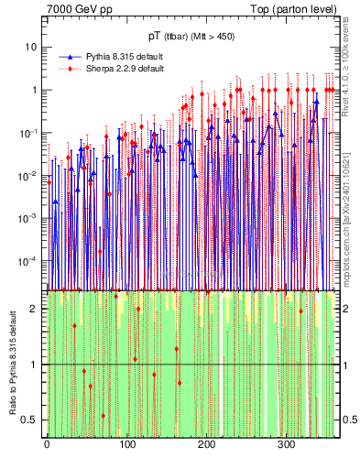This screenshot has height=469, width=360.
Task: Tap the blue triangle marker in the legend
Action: point(71,56)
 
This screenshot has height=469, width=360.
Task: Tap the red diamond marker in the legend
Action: point(71,68)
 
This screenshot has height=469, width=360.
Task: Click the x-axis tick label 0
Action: point(47,444)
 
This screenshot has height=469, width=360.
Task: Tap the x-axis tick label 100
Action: point(126,444)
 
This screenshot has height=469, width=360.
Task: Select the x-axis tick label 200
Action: point(206,444)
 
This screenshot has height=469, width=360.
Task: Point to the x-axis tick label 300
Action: point(286,444)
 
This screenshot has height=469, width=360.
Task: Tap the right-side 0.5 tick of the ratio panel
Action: point(348,420)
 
